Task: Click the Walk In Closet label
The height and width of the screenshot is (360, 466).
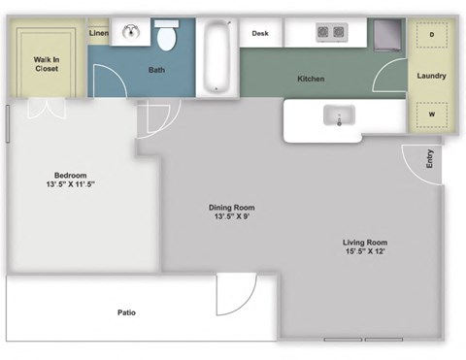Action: click(x=47, y=63)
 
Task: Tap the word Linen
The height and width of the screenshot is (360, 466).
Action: click(x=98, y=34)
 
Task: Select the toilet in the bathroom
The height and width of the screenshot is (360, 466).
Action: click(x=166, y=37)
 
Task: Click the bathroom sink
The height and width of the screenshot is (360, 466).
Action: click(x=130, y=33)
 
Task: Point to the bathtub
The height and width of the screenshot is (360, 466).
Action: click(x=216, y=57)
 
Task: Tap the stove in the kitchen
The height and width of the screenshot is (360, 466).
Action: click(x=331, y=33)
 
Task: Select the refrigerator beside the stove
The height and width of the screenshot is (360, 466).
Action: click(x=385, y=36)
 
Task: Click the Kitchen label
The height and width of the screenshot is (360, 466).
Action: click(x=311, y=79)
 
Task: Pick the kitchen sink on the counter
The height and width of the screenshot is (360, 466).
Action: click(x=339, y=117)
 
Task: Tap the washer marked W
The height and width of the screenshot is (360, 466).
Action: click(x=430, y=115)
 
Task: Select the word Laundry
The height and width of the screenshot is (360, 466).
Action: click(x=431, y=76)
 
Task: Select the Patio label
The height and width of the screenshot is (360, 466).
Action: click(x=126, y=312)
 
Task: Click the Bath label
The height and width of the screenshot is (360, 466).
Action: click(x=156, y=70)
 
